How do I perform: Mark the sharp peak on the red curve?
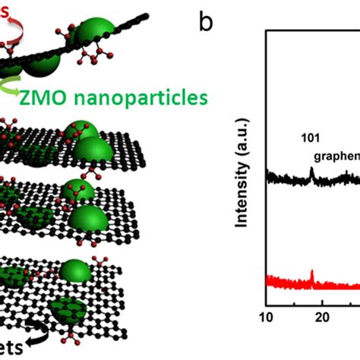[311, 273]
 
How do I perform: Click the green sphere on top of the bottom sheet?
[75, 271]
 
